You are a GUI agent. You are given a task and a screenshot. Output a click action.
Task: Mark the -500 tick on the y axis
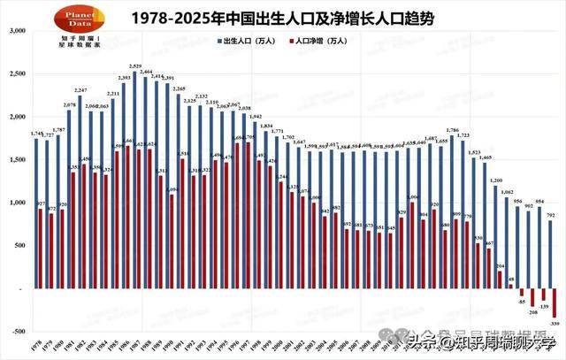pos(17,332)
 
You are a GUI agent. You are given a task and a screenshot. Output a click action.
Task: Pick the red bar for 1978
pos(41,249)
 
